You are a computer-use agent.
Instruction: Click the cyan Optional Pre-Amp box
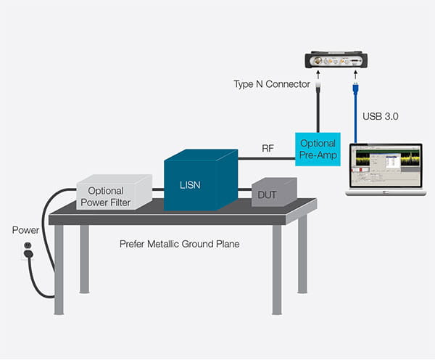[x=317, y=150]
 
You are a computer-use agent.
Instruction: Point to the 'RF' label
[x=268, y=147]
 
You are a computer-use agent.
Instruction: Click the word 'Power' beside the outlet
[x=26, y=230]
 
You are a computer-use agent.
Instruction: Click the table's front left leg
[x=59, y=269]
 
